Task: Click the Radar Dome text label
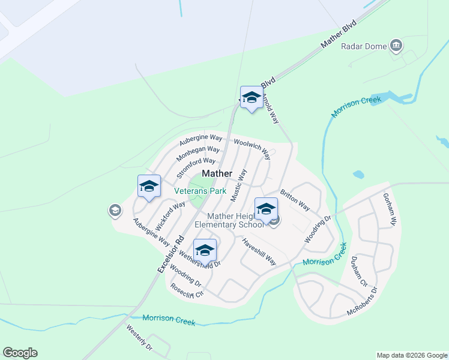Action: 363,46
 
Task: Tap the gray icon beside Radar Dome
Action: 396,45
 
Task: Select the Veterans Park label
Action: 200,191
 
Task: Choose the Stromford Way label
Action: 196,168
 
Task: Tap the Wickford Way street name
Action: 170,216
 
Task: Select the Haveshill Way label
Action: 259,252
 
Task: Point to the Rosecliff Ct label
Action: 187,290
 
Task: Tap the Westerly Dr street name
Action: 139,337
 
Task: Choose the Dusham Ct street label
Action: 359,275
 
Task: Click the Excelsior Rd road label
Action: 170,254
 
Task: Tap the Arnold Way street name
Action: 271,109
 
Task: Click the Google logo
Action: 20,353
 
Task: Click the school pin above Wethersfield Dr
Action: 205,251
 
